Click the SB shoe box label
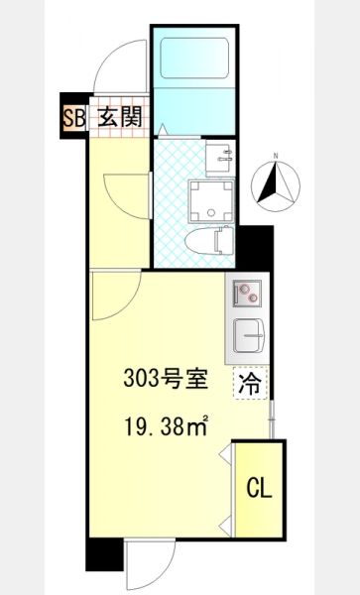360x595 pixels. (x=74, y=118)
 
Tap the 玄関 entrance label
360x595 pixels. (x=119, y=116)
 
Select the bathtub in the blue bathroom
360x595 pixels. (x=194, y=59)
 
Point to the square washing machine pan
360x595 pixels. (x=211, y=201)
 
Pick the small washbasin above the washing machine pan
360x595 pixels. (x=219, y=158)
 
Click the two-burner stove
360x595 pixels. (x=247, y=294)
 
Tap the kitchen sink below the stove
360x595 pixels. (x=249, y=335)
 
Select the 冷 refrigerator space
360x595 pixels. (x=250, y=383)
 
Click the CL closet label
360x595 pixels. (x=259, y=488)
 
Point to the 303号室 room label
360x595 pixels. (x=166, y=379)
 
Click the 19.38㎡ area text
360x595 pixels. (x=166, y=425)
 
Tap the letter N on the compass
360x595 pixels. (x=276, y=156)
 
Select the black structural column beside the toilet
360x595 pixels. (x=255, y=248)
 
